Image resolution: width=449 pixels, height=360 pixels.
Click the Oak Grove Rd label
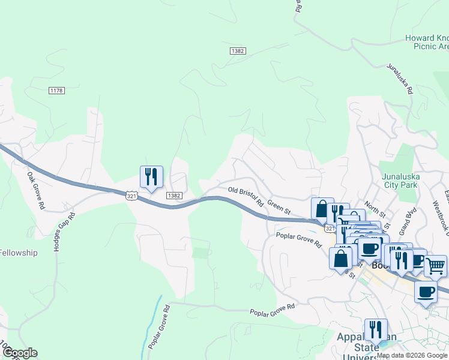click(x=36, y=191)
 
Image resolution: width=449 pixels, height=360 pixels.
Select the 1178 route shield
click(x=56, y=91)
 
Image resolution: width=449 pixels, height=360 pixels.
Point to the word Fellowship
click(x=18, y=253)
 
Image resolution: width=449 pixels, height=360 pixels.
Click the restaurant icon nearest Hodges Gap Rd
click(x=150, y=177)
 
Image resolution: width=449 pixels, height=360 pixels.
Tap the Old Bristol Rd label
click(x=246, y=197)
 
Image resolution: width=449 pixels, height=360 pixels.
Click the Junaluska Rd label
click(x=400, y=79)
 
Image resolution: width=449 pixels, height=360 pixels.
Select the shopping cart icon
click(x=435, y=265)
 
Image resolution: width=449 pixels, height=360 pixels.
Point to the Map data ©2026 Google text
click(x=412, y=356)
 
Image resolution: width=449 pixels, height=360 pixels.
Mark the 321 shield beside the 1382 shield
click(x=132, y=196)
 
